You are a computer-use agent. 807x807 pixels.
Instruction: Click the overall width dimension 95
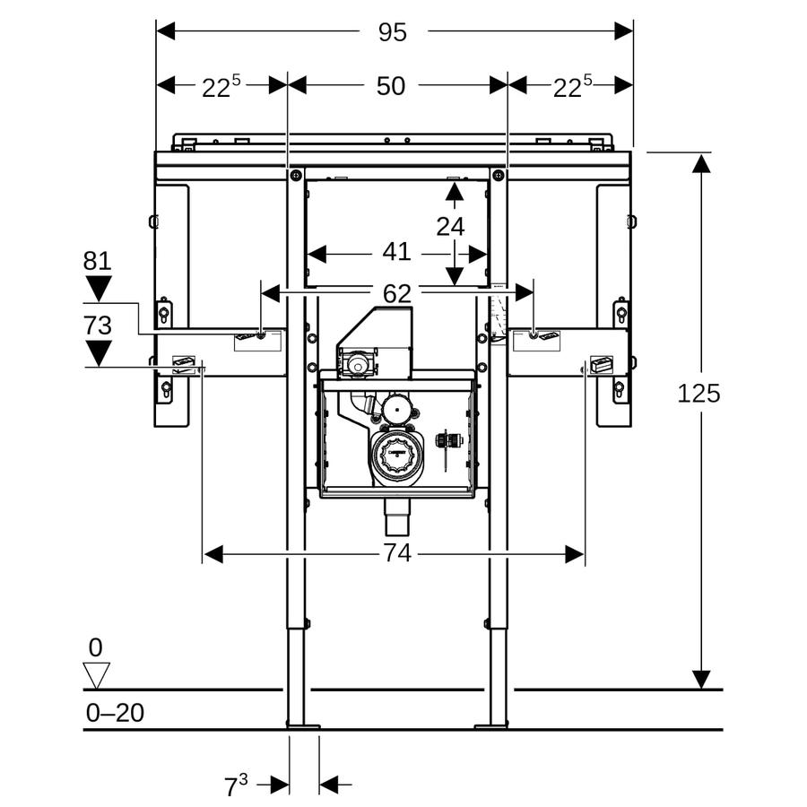393,32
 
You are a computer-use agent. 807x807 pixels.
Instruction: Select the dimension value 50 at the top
391,86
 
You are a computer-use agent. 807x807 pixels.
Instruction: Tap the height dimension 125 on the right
699,394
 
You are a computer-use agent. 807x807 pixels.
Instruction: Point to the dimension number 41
397,252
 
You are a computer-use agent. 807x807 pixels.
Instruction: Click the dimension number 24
450,227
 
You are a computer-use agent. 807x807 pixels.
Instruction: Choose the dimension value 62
397,294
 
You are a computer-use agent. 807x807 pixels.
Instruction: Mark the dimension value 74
398,554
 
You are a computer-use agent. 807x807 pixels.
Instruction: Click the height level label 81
97,261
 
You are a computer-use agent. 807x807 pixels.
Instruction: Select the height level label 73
97,325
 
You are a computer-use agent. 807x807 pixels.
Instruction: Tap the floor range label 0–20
115,713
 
